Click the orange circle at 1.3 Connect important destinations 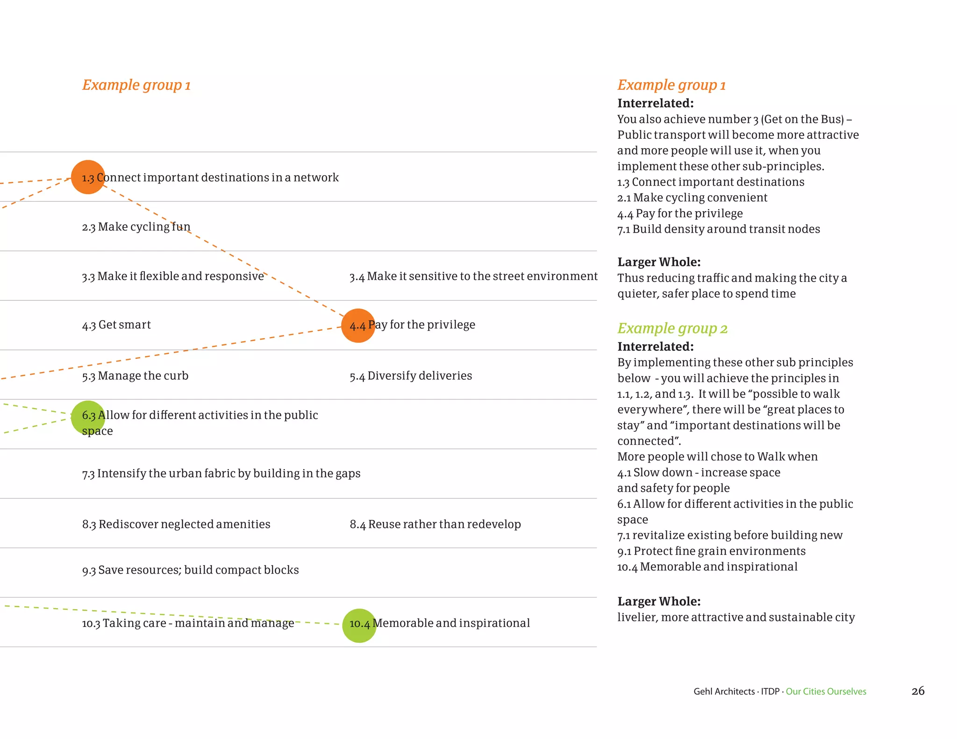(x=88, y=177)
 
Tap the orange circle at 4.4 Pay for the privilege (x=358, y=326)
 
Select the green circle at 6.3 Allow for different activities (x=88, y=417)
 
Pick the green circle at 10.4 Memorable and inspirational (x=359, y=625)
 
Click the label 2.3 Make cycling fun (x=136, y=227)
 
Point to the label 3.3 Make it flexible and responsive (x=173, y=277)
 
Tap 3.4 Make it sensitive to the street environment (x=473, y=277)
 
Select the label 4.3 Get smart (x=116, y=325)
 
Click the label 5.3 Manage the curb (x=135, y=376)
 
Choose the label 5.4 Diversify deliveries (x=411, y=376)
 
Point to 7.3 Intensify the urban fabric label (x=221, y=474)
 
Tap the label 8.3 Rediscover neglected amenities (x=176, y=525)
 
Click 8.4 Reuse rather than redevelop (x=435, y=525)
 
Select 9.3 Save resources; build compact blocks (x=190, y=570)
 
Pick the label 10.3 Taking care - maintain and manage (x=188, y=624)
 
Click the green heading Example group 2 (x=672, y=328)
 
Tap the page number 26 (x=918, y=691)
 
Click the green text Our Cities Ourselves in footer (x=826, y=692)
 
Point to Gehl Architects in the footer (x=724, y=692)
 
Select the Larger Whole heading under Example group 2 (x=659, y=602)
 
